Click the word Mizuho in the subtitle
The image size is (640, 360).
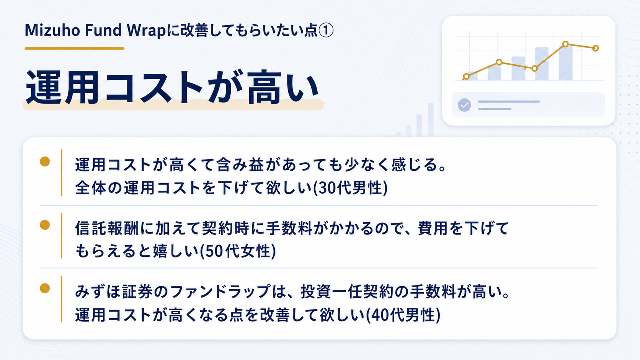[52, 30]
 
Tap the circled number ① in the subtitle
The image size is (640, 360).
[326, 30]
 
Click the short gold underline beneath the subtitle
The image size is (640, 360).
[75, 49]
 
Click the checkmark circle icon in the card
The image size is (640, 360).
[464, 105]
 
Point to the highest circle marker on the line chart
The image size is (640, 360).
[565, 44]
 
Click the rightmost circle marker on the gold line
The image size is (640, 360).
[596, 48]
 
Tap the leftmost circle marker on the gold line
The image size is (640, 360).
[466, 76]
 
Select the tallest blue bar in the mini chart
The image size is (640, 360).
[566, 62]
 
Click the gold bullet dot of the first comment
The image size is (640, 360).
[45, 161]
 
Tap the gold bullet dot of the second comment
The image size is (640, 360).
[45, 225]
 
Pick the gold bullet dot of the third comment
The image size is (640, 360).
[45, 288]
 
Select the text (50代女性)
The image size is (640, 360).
[238, 251]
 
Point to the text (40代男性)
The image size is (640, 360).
[403, 315]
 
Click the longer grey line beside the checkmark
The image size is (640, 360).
[509, 102]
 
